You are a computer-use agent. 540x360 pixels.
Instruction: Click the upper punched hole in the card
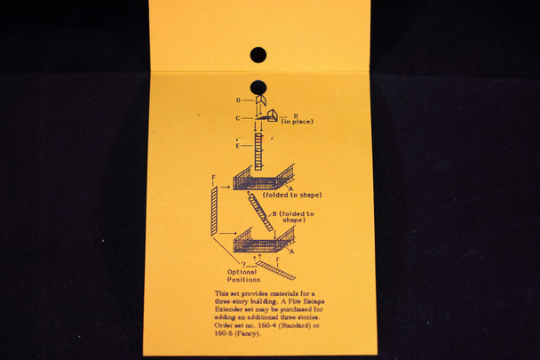258,56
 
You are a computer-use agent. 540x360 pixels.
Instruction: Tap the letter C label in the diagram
237,118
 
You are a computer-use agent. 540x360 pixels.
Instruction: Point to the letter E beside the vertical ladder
237,146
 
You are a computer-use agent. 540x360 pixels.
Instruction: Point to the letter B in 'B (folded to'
274,213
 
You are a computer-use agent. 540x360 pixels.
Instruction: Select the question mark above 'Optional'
242,261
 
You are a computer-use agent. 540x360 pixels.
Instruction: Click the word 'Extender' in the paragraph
233,316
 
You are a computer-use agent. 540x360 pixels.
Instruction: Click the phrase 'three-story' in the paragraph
234,300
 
